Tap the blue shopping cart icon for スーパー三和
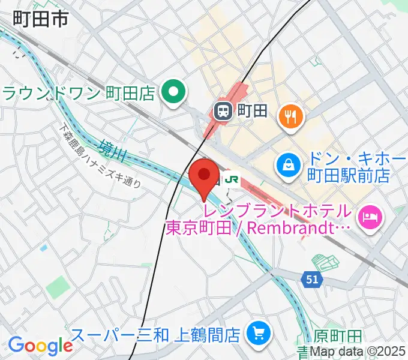(259, 332)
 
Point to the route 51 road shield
(310, 278)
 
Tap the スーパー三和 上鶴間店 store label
(156, 333)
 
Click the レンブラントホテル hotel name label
(277, 211)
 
